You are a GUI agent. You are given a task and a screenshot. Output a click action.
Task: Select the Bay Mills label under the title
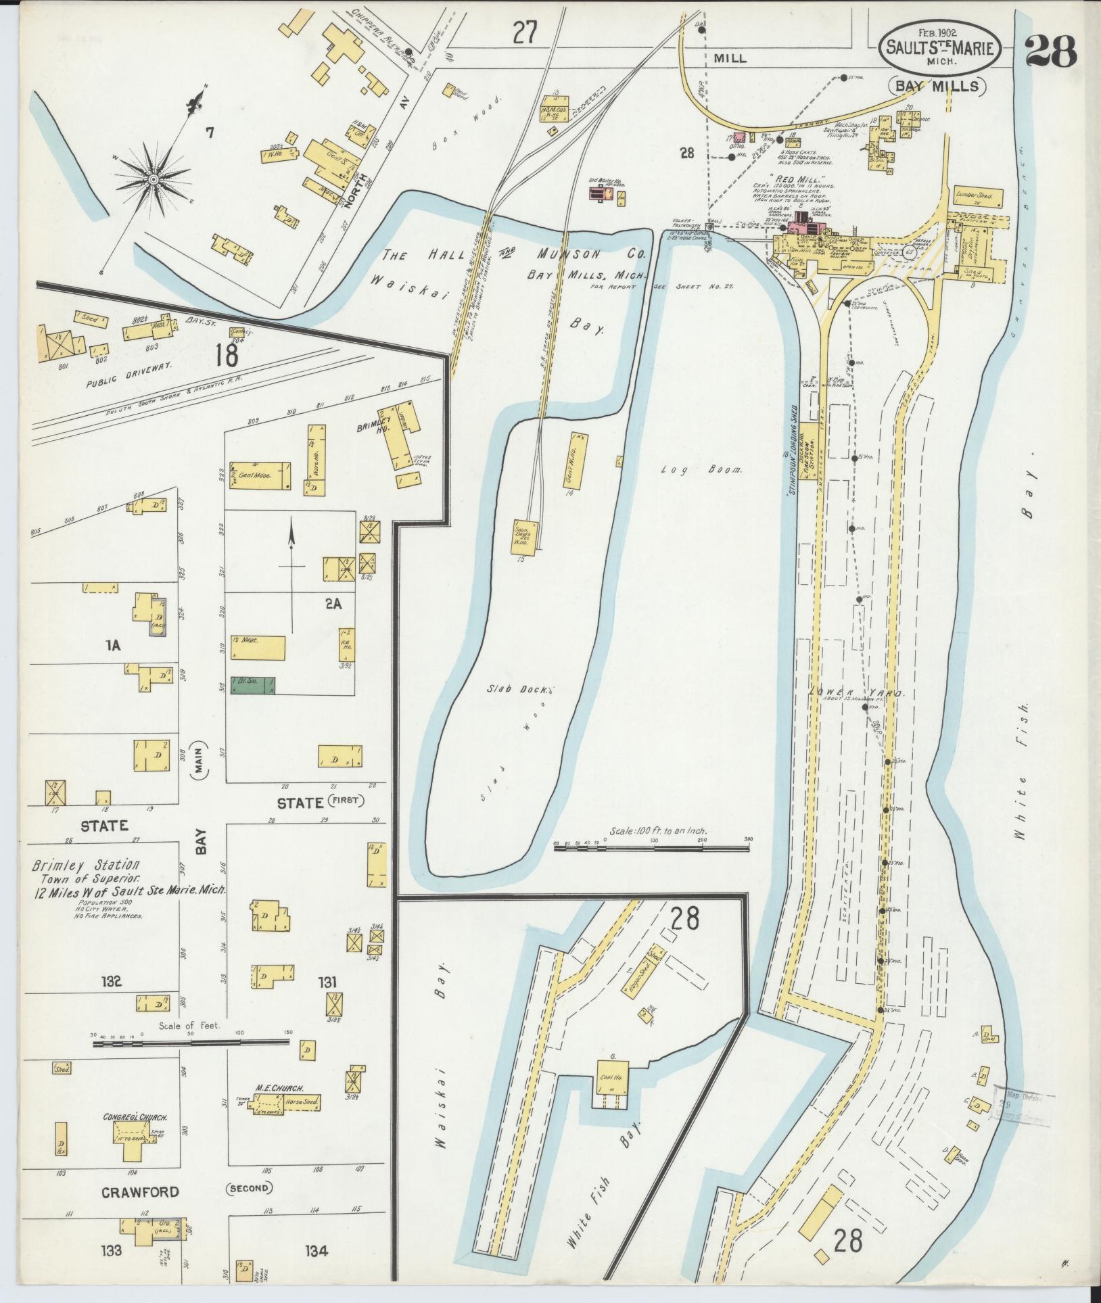point(937,86)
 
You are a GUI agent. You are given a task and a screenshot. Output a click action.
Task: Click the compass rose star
point(154,179)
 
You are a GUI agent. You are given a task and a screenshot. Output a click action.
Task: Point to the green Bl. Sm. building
point(253,686)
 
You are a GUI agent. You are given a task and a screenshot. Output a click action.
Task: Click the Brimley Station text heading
point(87,865)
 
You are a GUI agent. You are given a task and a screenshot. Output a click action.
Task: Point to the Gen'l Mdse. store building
point(260,475)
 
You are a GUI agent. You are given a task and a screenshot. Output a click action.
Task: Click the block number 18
point(227,354)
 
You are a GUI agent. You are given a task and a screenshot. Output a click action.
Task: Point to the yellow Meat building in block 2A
point(258,647)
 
